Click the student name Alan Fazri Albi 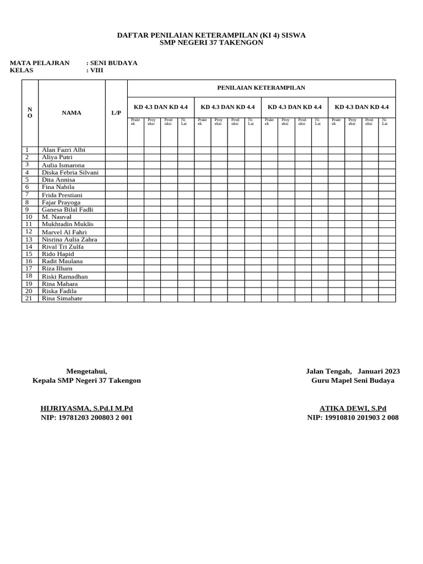pos(63,150)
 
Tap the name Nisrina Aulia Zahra pos(69,240)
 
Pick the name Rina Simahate pos(62,299)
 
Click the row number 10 pos(29,217)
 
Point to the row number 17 pos(29,268)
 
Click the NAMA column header pos(72,113)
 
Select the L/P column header pos(116,113)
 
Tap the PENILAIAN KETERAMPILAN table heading pos(261,88)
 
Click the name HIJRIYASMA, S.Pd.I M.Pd pos(87,408)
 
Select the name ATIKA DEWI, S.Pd pos(353,408)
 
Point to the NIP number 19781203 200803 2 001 pos(86,417)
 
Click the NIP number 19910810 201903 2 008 pos(353,417)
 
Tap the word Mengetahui pos(86,371)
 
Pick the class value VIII pos(96,70)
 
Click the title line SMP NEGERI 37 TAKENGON pos(211,42)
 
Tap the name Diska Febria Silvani pos(70,172)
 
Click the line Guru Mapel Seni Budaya pos(353,381)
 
